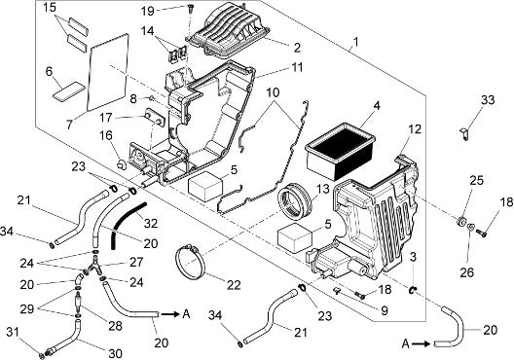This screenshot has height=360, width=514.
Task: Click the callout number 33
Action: point(488,100)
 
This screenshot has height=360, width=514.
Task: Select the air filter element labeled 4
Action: point(340,151)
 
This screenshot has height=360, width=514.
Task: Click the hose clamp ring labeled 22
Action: point(191,263)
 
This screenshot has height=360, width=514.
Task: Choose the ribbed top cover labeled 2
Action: point(231,30)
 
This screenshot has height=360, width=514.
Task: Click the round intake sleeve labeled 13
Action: point(296,201)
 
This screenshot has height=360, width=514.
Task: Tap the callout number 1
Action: point(356,42)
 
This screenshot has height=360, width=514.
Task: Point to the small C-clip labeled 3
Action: point(413,289)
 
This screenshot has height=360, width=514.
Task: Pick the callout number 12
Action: point(415,129)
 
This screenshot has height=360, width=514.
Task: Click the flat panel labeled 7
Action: point(108,72)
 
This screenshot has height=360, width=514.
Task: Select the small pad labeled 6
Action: point(69,90)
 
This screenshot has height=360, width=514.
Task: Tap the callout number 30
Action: point(115,353)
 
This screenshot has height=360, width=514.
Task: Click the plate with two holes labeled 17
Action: point(155,118)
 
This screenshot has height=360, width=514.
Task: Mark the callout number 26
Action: point(467,271)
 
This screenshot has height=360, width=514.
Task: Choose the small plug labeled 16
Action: point(122,163)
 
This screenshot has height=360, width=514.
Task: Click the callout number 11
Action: point(297,67)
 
